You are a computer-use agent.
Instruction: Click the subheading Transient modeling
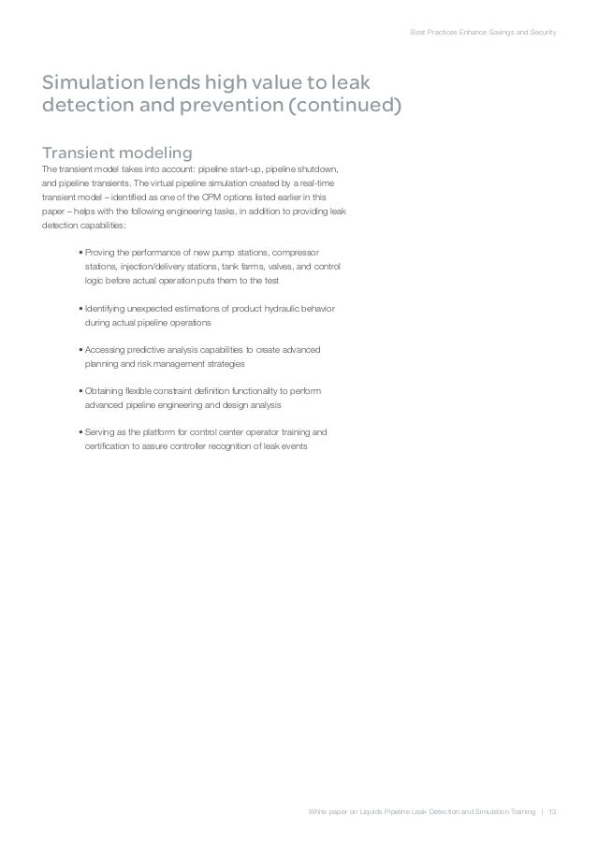pos(117,152)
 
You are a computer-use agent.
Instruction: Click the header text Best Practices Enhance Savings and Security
pos(484,34)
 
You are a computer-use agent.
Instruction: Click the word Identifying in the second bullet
pos(107,308)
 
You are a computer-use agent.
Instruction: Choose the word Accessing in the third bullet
pos(107,349)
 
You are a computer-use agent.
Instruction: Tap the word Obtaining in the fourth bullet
pos(106,390)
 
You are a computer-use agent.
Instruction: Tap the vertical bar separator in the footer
pos(540,809)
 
